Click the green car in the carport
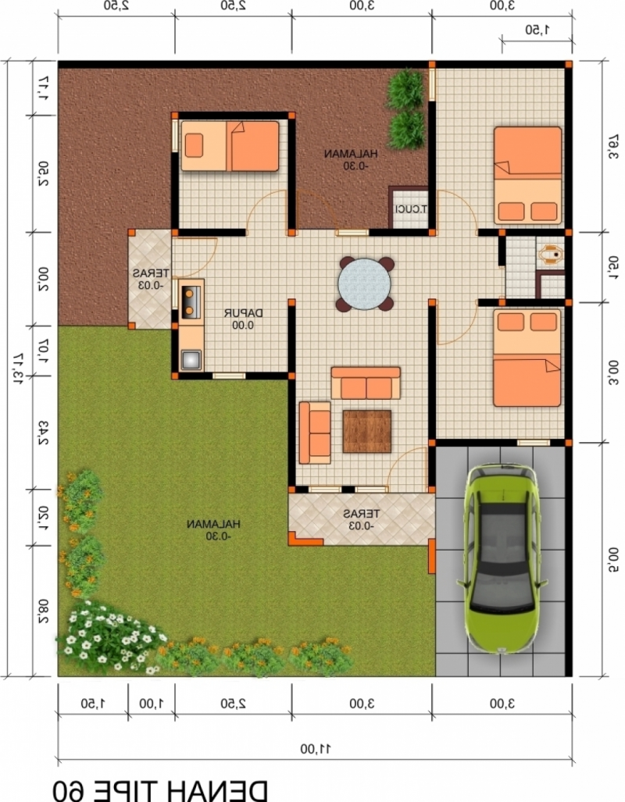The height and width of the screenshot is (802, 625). (502, 558)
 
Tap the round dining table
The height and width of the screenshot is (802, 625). (365, 283)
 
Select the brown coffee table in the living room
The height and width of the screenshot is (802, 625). (366, 431)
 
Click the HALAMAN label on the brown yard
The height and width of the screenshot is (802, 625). (352, 159)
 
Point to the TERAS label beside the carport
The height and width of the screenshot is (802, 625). (361, 519)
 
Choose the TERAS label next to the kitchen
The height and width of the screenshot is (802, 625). (148, 279)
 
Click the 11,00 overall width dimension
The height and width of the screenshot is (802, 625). (315, 748)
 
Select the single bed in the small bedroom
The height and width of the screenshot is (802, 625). (230, 145)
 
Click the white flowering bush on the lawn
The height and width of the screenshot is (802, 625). (109, 636)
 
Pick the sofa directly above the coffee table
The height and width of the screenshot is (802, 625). (366, 383)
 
